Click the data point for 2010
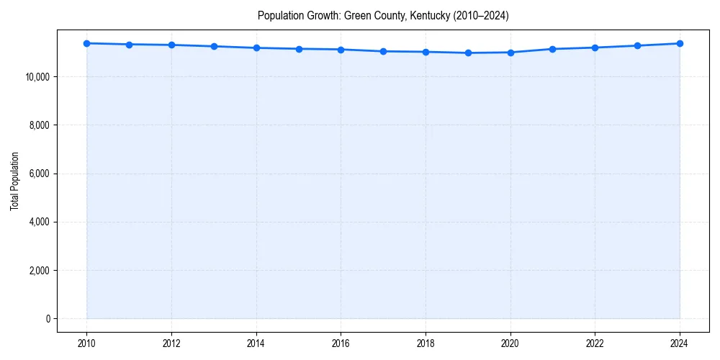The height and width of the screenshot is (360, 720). pyautogui.click(x=86, y=43)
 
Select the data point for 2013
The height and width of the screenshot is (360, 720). pyautogui.click(x=214, y=46)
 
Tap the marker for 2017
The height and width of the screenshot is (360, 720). pyautogui.click(x=383, y=51)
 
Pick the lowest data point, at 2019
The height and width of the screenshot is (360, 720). pyautogui.click(x=468, y=53)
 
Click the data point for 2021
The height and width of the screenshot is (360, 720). pyautogui.click(x=552, y=49)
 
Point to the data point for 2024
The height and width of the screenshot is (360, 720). pyautogui.click(x=680, y=43)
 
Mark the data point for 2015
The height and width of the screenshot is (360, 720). pyautogui.click(x=299, y=49)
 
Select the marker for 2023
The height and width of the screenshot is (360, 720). pyautogui.click(x=637, y=45)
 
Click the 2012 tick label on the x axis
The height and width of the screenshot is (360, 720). pyautogui.click(x=171, y=343)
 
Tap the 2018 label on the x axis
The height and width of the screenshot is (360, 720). pyautogui.click(x=426, y=343)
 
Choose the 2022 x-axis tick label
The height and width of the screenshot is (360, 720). pyautogui.click(x=595, y=343)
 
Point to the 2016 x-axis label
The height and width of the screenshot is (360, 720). pyautogui.click(x=341, y=343)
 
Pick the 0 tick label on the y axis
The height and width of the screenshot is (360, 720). pyautogui.click(x=49, y=319)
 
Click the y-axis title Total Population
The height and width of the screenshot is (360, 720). pyautogui.click(x=14, y=181)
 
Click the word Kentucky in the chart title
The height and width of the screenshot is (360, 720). pyautogui.click(x=430, y=16)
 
